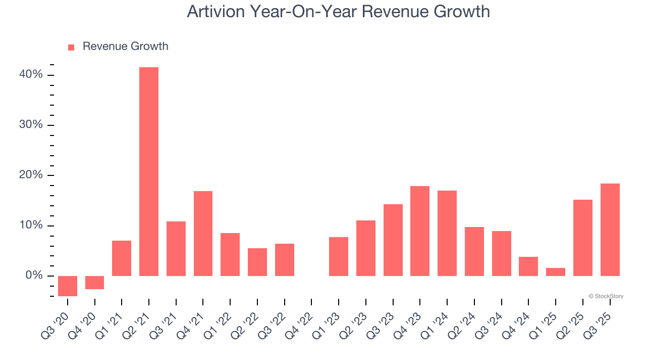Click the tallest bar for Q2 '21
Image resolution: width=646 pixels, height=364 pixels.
click(x=149, y=171)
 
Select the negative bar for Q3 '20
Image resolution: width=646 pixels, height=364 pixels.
click(x=68, y=286)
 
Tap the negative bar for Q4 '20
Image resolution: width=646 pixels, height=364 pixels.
click(x=94, y=283)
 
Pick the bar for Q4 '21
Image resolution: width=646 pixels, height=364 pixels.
click(x=203, y=233)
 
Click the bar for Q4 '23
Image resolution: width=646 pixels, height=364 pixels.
click(x=420, y=231)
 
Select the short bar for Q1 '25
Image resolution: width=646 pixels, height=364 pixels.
click(x=556, y=272)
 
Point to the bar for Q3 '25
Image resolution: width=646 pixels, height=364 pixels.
click(x=610, y=230)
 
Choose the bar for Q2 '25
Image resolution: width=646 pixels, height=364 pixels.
click(x=583, y=238)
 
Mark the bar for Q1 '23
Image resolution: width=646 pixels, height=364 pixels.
click(x=339, y=256)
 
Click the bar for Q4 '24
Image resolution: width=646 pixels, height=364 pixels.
click(x=528, y=266)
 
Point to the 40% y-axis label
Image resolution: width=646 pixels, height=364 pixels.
click(x=31, y=75)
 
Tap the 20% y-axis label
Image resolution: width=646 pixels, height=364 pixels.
click(x=31, y=175)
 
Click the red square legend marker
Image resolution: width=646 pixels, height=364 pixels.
click(x=71, y=47)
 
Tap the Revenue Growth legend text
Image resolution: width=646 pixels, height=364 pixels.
click(x=125, y=47)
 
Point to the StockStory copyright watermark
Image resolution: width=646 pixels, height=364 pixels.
click(x=606, y=296)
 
